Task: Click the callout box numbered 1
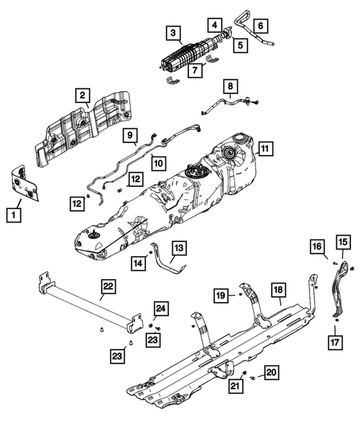point(13,215)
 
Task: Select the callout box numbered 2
point(82,96)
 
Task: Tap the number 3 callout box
point(173,33)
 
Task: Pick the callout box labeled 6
point(261,26)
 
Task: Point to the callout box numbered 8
point(230,86)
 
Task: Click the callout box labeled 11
point(265,148)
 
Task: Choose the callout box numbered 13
point(179,248)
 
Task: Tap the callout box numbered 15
point(343,242)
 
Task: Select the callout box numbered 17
point(335,342)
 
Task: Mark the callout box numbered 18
point(278,290)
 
